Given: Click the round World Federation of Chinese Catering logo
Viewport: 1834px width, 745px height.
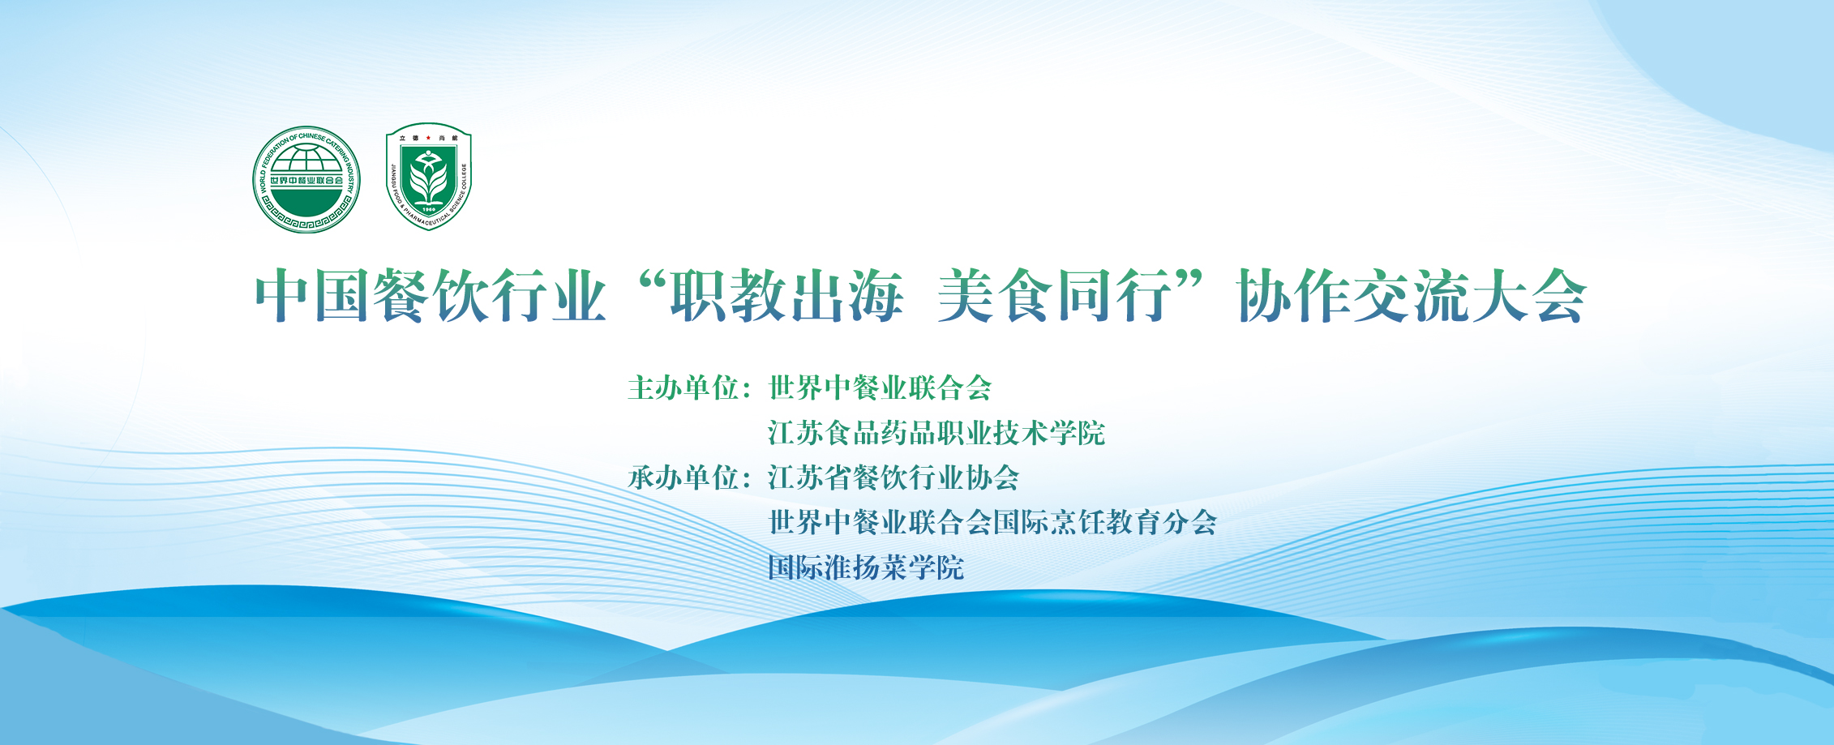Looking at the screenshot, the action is (306, 179).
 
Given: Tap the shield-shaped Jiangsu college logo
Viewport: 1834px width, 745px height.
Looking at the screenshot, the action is (428, 176).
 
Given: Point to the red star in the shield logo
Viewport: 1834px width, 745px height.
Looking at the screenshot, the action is (428, 138).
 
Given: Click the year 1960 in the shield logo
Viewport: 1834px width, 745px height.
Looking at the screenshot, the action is (428, 209).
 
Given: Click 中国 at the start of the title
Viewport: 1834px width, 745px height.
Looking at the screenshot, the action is (314, 296).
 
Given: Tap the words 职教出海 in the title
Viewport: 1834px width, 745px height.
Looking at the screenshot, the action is (786, 296).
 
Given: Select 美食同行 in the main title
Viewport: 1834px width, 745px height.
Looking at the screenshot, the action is (1055, 296).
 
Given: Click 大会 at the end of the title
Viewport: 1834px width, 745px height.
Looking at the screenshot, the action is (1528, 296).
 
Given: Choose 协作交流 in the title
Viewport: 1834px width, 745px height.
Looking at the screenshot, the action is (1353, 296).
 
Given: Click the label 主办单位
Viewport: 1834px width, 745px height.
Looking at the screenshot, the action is (683, 387).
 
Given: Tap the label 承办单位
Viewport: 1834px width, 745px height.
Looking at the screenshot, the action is (683, 477).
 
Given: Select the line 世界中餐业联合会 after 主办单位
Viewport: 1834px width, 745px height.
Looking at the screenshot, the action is (881, 387).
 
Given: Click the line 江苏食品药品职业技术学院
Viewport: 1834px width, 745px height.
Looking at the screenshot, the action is (936, 433).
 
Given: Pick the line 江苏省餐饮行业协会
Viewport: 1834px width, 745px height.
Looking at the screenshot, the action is (893, 477).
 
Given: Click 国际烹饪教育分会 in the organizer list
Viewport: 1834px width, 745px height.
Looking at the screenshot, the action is (1105, 522).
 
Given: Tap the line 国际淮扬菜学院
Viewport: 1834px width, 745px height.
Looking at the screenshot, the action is (866, 567).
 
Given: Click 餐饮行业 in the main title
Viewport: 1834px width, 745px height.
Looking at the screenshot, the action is (490, 296).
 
